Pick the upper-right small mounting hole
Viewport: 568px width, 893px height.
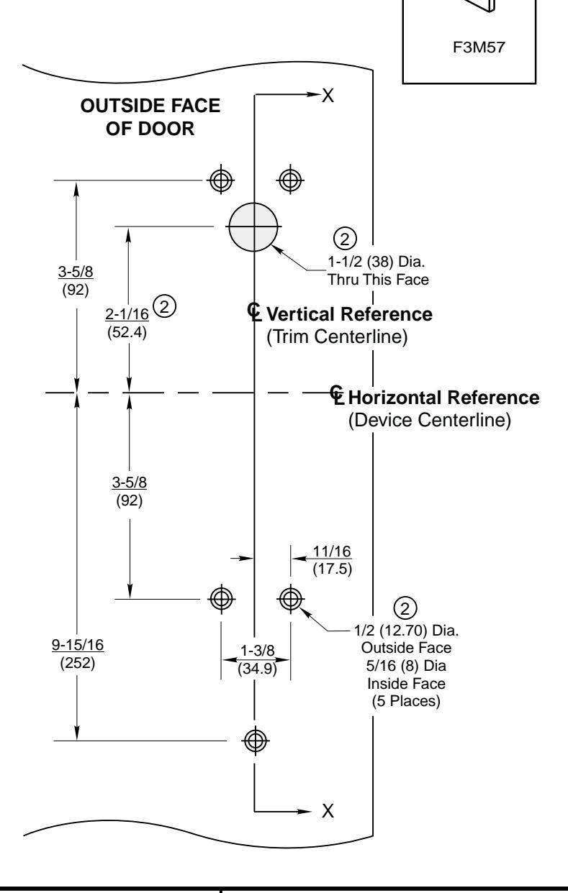290,179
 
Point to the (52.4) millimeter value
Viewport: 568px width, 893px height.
130,331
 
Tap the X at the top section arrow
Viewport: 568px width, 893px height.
328,96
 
